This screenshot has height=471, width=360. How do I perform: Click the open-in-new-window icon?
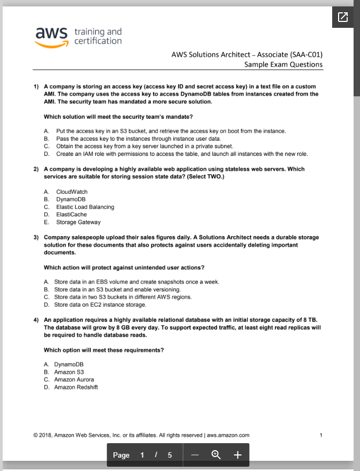[x=343, y=17]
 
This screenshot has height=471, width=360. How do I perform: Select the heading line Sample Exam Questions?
[x=283, y=64]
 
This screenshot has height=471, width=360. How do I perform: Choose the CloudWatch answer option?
[x=72, y=192]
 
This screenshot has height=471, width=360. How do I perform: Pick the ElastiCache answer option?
[x=71, y=215]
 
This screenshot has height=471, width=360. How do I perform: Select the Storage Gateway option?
[x=78, y=222]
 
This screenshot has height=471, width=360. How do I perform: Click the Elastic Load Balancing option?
[x=85, y=207]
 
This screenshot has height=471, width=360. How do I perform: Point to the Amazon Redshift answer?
[x=76, y=387]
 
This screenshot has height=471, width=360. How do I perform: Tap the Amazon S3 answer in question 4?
[x=69, y=372]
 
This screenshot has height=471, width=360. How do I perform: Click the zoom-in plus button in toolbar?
[x=238, y=455]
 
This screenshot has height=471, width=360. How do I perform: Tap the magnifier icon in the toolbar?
[x=216, y=455]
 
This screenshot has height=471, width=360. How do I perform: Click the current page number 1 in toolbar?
[x=142, y=455]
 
